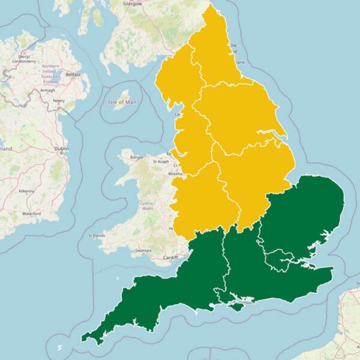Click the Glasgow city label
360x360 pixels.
point(133,3)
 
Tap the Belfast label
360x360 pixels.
point(73,74)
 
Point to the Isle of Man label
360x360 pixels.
point(122,102)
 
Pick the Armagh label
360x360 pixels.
point(47,90)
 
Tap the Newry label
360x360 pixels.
point(59,101)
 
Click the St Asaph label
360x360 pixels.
point(162,161)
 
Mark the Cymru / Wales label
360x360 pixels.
point(147,206)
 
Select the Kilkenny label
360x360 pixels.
point(27,190)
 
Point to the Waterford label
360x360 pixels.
point(31,214)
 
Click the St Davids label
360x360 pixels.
point(98,236)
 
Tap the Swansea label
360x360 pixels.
point(143,250)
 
